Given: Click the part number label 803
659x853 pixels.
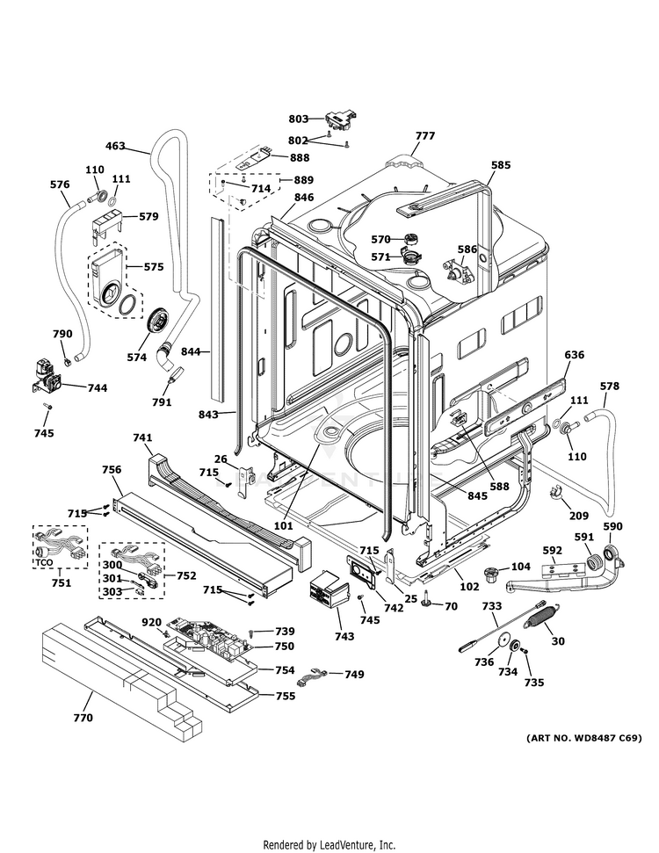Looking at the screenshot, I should click(299, 118).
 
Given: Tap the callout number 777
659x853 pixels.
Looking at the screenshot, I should click(425, 135).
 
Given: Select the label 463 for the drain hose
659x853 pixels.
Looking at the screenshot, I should click(115, 146).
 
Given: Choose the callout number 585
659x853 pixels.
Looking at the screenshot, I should click(501, 164).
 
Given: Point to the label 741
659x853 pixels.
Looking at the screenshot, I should click(143, 437).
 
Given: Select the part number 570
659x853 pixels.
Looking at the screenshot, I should click(380, 239).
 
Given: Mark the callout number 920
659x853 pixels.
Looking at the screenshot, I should click(152, 622).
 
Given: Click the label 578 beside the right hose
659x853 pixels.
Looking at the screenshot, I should click(609, 386).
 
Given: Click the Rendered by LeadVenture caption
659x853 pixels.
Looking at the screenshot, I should click(329, 844).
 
